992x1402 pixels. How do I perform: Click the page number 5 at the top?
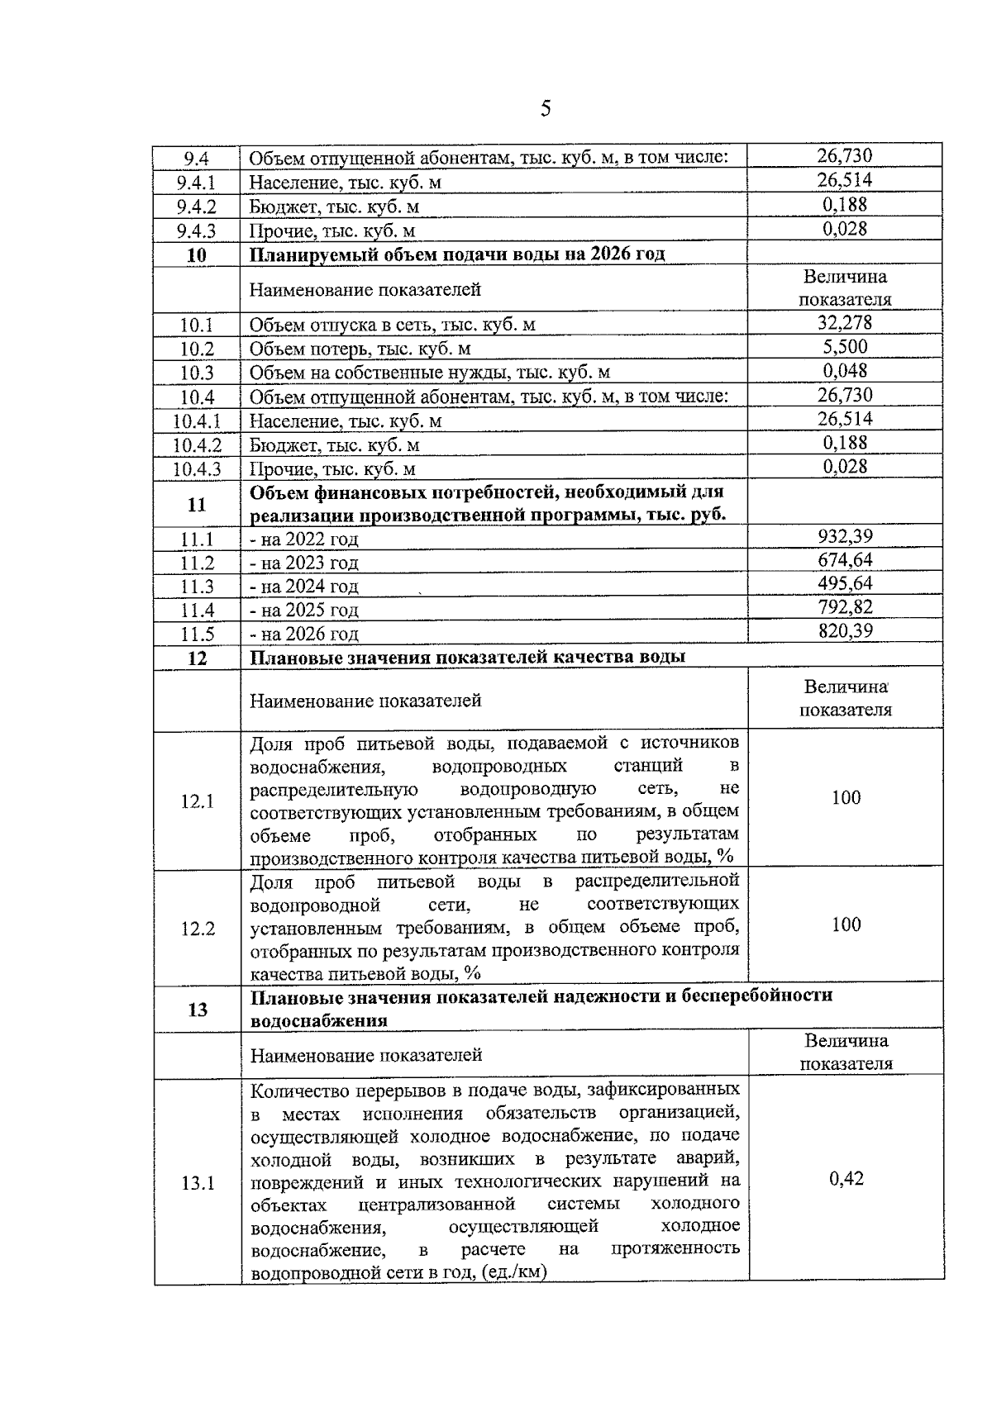(545, 109)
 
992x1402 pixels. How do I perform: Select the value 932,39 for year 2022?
(845, 537)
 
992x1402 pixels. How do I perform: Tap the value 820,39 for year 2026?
(845, 632)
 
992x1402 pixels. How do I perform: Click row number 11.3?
(197, 587)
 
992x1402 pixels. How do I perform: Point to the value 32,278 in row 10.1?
(845, 323)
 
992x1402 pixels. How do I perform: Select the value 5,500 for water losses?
(845, 347)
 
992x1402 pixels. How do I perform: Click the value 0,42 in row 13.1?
(846, 1179)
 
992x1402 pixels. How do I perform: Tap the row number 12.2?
(198, 929)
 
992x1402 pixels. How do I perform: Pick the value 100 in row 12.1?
(846, 798)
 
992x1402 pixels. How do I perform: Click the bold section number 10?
(197, 254)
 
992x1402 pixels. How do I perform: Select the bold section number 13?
(198, 1009)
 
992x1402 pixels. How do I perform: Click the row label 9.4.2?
(197, 207)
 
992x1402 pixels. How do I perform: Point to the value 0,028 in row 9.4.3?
(845, 228)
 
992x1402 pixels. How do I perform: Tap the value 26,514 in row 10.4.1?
(845, 419)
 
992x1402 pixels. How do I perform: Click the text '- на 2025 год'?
(304, 611)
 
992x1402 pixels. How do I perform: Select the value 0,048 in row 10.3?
(845, 371)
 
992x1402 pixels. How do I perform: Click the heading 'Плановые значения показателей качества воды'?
(467, 658)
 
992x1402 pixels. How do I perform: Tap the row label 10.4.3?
(197, 469)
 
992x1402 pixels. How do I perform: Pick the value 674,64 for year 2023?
(845, 560)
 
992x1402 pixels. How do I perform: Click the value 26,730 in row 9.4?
(845, 155)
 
